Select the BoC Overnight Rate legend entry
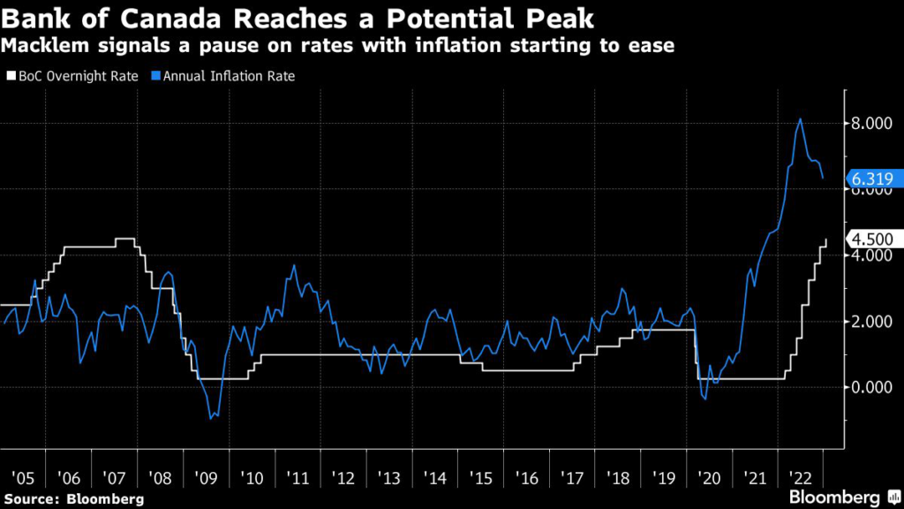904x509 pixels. coord(77,76)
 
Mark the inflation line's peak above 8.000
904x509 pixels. coord(800,119)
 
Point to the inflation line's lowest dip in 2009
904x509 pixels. coord(210,418)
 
